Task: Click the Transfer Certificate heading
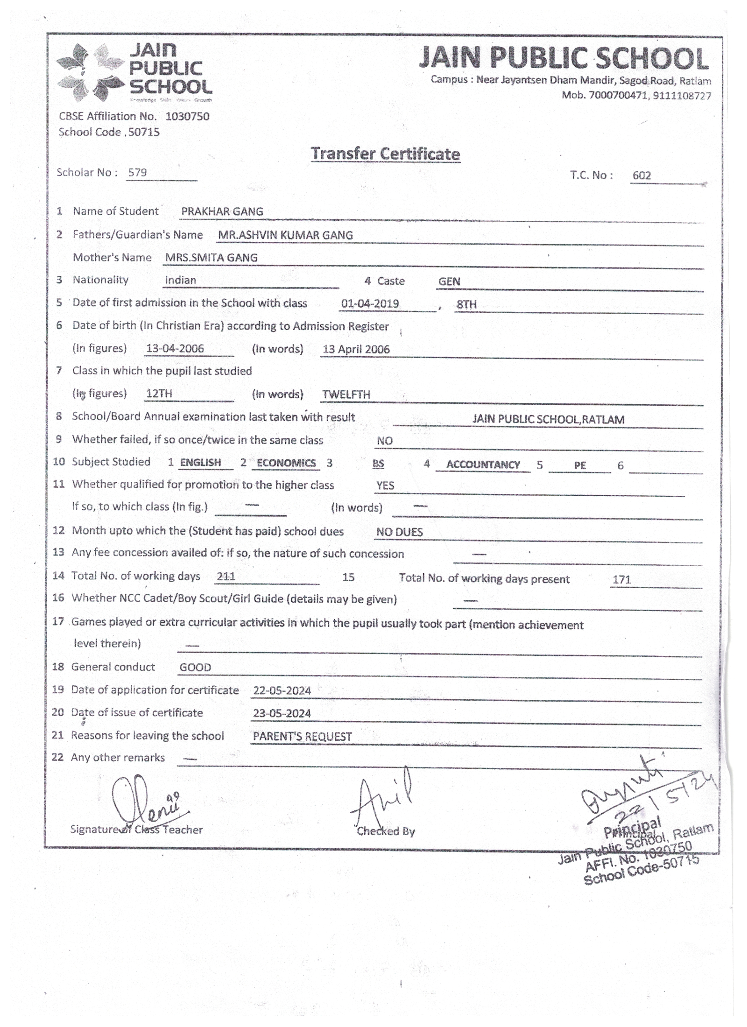pos(385,154)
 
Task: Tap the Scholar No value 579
pos(138,172)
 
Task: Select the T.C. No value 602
pos(641,176)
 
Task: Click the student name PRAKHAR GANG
pos(222,211)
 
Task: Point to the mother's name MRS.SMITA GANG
pos(211,258)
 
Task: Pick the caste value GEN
pos(449,281)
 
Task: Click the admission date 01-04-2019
pos(370,304)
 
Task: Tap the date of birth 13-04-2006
pos(175,349)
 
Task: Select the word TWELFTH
pos(346,394)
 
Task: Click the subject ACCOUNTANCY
pos(483,464)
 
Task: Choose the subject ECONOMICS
pos(286,463)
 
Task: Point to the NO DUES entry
pos(400,532)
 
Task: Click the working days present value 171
pos(621,580)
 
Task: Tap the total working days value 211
pos(226,577)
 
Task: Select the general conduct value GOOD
pos(195,668)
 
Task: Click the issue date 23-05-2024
pos(282,713)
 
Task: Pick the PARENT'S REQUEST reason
pos(302,737)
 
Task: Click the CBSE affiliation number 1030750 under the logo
pos(187,116)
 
